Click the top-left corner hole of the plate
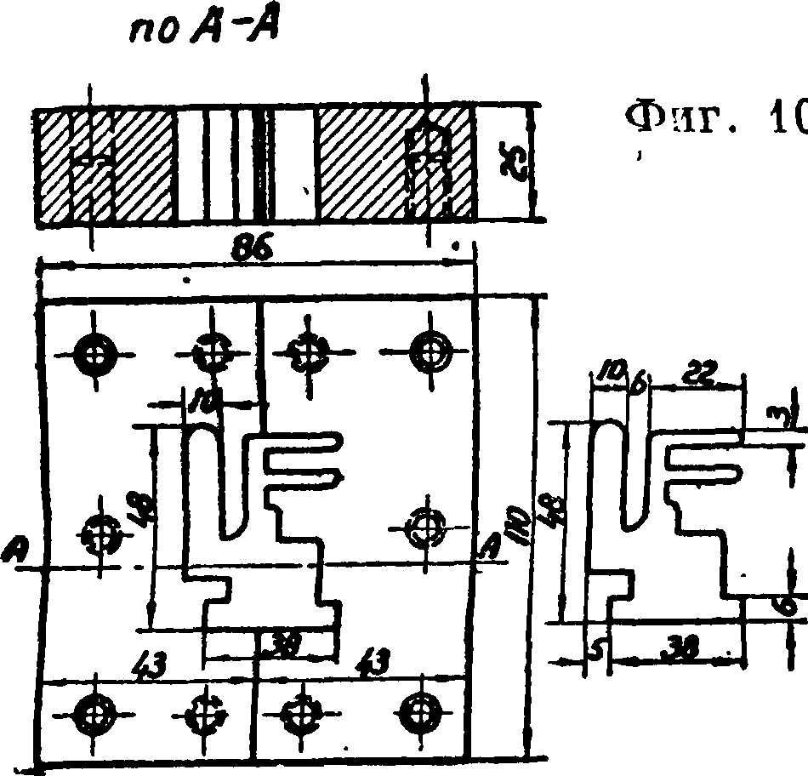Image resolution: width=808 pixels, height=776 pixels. [x=94, y=350]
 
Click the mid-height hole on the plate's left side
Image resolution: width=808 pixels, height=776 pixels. [x=100, y=536]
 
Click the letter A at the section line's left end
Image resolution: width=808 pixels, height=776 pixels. [x=12, y=551]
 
